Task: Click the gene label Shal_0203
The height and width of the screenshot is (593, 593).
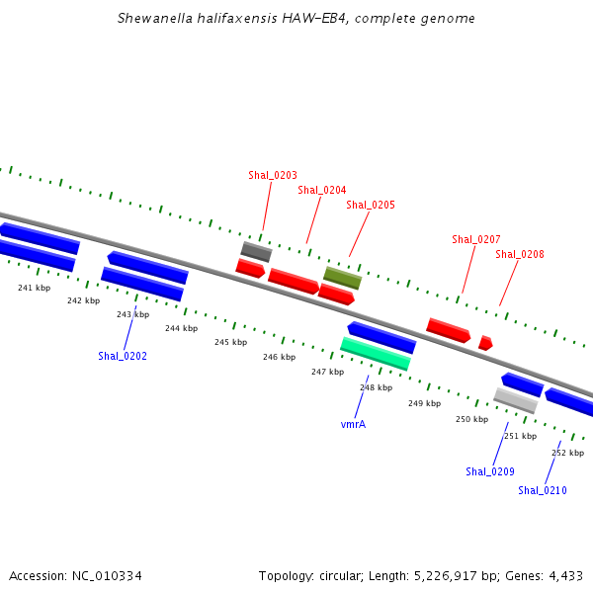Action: pos(273,175)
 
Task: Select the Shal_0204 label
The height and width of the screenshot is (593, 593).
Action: pos(322,190)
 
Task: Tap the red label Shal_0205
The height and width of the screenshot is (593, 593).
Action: pos(371,205)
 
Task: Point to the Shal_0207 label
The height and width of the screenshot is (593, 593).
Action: pos(476,239)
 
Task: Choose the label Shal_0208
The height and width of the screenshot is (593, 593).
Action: pos(520,254)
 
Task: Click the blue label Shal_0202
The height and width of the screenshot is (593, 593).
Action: pos(123,356)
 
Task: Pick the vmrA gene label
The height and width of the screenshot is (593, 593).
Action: pos(353,424)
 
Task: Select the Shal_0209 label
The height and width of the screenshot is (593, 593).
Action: pos(490,471)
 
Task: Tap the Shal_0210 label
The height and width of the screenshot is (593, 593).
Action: pos(543,490)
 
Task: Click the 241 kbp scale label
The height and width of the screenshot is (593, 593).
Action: pos(34,288)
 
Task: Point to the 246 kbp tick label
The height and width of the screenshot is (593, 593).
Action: pos(279,357)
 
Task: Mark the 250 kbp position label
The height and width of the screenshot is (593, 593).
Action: pos(472,419)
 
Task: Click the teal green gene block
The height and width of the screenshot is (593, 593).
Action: pos(376,354)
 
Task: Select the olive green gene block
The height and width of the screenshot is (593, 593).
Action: pos(343,278)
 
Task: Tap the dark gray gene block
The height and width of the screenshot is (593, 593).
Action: pos(256,251)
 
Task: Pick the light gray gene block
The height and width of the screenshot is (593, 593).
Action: pos(516,400)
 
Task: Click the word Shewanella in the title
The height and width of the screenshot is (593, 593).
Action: pos(155,18)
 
